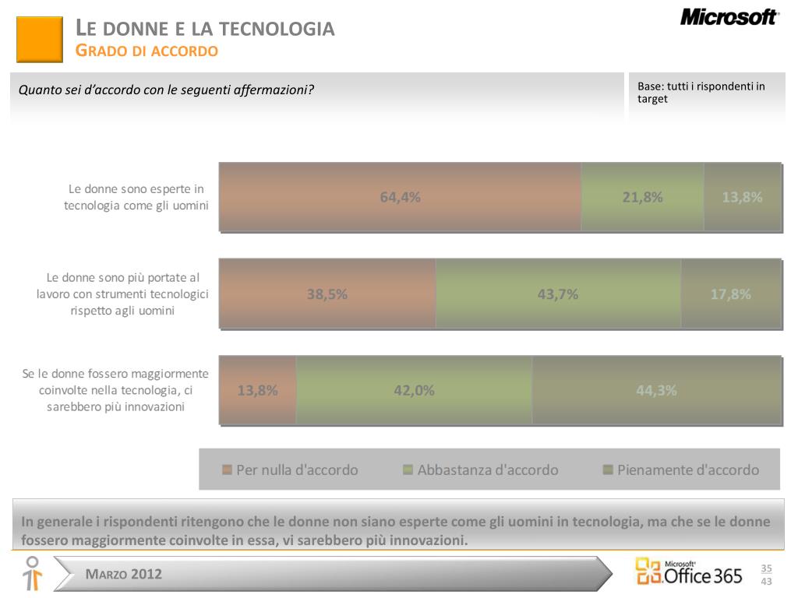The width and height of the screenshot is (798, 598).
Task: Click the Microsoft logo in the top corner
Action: tap(729, 17)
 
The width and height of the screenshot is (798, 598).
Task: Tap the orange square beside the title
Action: tap(39, 40)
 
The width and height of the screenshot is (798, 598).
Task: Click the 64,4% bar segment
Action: tap(400, 197)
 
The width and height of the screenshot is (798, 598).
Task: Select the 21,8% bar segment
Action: tap(642, 197)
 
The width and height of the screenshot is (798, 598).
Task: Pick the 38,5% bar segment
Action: tap(327, 294)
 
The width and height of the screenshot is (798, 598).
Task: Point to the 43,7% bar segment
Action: tap(558, 294)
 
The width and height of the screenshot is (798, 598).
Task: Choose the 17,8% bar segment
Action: tap(730, 294)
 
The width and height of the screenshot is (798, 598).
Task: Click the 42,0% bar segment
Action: tap(414, 390)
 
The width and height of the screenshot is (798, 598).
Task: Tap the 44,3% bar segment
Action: tap(656, 390)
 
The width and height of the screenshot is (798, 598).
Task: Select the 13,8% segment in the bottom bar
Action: tap(257, 390)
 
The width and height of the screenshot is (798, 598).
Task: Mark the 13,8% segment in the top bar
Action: tap(742, 197)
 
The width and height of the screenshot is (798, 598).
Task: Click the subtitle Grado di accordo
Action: tap(147, 51)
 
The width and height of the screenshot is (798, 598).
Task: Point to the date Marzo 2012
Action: tap(124, 575)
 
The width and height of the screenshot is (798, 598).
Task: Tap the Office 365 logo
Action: tap(689, 572)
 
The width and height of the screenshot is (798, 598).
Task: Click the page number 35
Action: tap(766, 568)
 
